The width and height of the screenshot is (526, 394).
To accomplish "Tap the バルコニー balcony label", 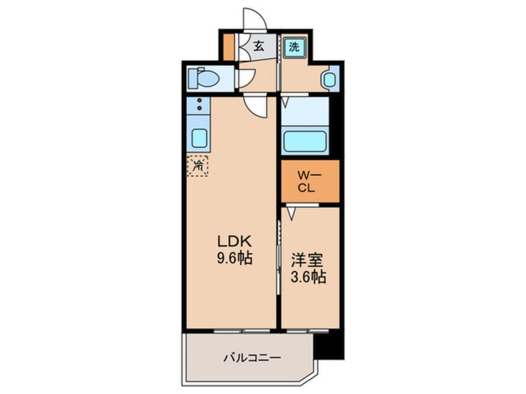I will coord(252,358).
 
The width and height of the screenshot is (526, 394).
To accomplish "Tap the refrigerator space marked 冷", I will coord(198,165).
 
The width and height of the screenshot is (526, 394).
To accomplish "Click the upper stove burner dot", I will coord(199,101).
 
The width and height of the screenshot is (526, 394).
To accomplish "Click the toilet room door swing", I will coord(246,79).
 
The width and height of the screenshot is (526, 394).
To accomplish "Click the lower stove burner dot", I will coord(199,108).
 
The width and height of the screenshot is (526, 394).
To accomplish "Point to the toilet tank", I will coord(193,79).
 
